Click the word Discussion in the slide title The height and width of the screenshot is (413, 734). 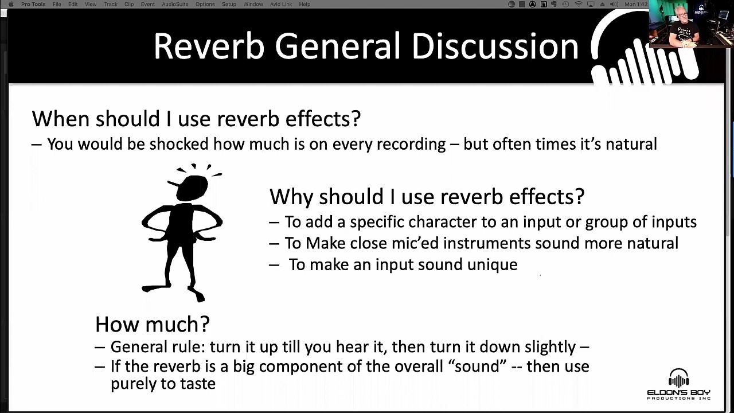(495, 46)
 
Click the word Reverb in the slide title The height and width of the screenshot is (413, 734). (209, 46)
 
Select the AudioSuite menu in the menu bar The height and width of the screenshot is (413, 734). (175, 4)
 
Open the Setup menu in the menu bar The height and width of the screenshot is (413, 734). (229, 4)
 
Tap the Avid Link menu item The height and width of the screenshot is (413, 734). (281, 4)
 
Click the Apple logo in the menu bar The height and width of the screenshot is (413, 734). (11, 4)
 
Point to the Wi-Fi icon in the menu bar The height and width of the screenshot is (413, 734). (579, 4)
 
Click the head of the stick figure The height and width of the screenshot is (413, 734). (192, 188)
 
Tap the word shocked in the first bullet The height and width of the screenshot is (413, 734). (179, 144)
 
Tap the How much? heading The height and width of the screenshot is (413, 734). (153, 324)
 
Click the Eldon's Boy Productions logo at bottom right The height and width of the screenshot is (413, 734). (678, 384)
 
